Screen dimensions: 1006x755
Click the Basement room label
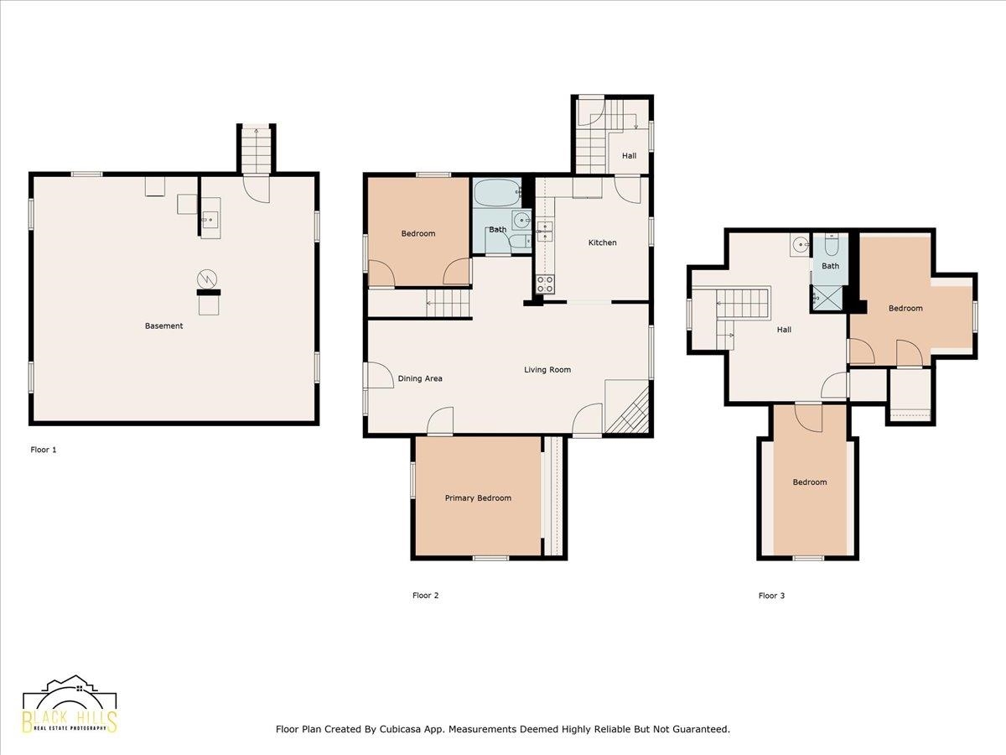point(163,326)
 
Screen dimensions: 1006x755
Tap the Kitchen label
point(602,242)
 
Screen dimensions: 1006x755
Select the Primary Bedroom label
point(478,497)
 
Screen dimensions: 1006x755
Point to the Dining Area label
point(420,378)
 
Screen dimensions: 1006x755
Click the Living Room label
point(547,369)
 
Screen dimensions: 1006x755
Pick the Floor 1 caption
point(44,450)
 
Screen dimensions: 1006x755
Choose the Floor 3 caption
point(771,596)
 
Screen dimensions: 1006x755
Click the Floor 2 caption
point(425,596)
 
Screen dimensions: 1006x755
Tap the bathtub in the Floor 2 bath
point(497,193)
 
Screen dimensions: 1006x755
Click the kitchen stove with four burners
point(545,284)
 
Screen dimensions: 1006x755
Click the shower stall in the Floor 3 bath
point(827,299)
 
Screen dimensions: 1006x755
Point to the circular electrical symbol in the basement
point(207,279)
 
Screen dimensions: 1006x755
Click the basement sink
point(210,218)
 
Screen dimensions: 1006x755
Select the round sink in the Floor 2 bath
point(521,221)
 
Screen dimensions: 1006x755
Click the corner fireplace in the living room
point(627,406)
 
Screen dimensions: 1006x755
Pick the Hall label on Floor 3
point(784,330)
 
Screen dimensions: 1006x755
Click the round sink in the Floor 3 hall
point(801,244)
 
